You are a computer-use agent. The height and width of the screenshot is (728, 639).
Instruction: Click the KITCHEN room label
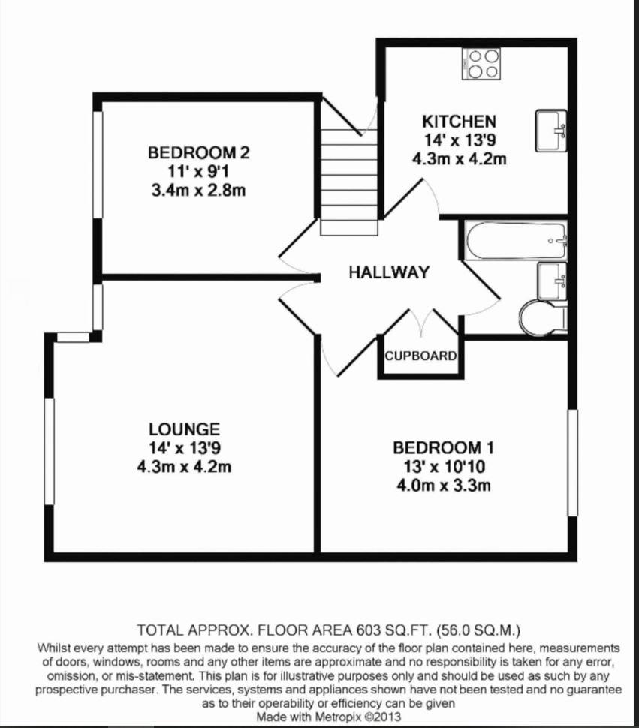(x=459, y=122)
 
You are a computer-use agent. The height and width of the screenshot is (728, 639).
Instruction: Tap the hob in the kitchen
(x=481, y=64)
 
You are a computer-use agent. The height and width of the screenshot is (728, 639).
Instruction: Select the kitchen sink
(x=551, y=131)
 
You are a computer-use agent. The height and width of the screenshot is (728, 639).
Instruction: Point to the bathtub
(x=516, y=240)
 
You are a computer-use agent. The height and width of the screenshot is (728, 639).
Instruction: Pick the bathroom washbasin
(x=553, y=281)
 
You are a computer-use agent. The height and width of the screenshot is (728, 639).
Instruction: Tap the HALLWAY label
(x=389, y=272)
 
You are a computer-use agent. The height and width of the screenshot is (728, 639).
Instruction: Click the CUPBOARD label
(x=420, y=356)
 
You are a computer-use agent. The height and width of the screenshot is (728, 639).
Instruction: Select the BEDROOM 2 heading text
(x=199, y=152)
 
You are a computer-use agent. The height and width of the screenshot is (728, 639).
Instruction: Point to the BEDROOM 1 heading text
(x=444, y=447)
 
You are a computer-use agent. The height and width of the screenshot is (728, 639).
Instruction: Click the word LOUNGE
(x=185, y=429)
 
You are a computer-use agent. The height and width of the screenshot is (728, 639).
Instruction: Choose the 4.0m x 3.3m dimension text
(x=444, y=486)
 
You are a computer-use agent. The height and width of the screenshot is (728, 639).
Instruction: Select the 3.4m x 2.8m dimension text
(x=198, y=191)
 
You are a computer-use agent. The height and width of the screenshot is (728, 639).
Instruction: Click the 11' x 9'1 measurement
(x=198, y=171)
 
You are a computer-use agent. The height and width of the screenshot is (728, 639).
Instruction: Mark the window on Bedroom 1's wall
(x=573, y=462)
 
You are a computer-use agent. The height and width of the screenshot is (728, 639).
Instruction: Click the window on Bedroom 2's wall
(x=97, y=164)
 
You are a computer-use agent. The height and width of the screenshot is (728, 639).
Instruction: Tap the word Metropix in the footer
(x=339, y=717)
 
